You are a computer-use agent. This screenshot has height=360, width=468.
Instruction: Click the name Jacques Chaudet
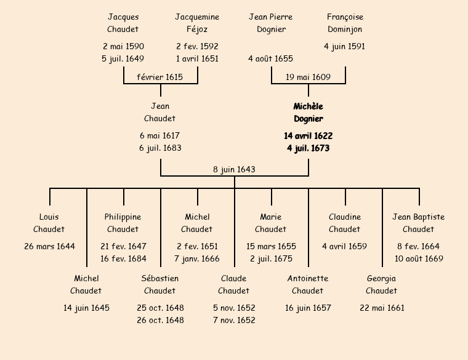click(123, 23)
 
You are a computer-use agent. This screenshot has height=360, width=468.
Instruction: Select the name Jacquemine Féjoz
click(197, 23)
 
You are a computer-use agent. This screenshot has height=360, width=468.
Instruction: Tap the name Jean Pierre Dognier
click(271, 23)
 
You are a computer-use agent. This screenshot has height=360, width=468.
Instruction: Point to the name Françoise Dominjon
click(345, 23)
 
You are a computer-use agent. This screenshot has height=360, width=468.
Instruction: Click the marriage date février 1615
click(160, 77)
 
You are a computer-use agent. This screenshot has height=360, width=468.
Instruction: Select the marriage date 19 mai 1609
click(308, 77)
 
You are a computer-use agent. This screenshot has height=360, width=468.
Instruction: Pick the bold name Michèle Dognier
click(308, 113)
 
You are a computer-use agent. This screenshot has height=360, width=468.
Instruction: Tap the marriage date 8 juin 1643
click(234, 169)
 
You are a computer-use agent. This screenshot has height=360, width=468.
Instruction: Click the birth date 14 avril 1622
click(308, 135)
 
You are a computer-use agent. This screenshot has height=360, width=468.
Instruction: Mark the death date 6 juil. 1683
click(160, 148)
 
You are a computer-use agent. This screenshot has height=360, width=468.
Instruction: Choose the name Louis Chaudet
click(49, 223)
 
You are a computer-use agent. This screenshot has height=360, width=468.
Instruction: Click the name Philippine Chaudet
click(123, 223)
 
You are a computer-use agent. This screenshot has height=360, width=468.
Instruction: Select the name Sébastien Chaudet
click(160, 284)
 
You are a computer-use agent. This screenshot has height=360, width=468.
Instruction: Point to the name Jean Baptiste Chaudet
click(419, 223)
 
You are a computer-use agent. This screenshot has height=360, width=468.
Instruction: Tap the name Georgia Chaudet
click(382, 284)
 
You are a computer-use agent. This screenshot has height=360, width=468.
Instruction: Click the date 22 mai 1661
click(382, 308)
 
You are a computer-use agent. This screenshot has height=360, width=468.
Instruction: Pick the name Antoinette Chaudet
click(308, 284)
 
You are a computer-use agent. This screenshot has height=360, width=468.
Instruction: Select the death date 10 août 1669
click(419, 258)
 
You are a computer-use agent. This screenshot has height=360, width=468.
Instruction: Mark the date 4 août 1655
click(271, 58)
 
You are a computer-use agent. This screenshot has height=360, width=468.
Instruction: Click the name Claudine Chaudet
click(345, 223)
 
